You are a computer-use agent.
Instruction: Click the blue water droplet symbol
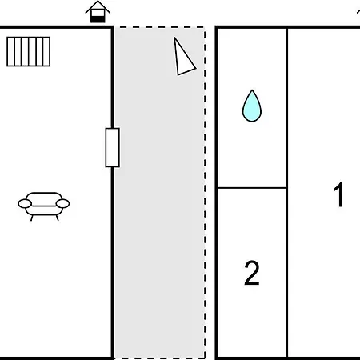coord(252,106)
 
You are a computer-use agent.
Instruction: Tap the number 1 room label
coord(338,195)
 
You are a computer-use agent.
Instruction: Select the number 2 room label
coord(252,273)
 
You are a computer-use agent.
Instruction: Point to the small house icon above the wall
coord(98,12)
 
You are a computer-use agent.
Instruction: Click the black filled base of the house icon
coord(98,19)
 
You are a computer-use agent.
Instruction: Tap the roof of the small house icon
coord(98,7)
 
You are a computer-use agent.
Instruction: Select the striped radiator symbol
coord(29,51)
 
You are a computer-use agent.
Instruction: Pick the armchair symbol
coord(44,206)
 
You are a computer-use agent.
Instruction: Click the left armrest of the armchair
coord(25,204)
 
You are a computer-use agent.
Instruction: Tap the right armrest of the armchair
coord(63,204)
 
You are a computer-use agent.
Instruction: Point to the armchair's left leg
coord(32,218)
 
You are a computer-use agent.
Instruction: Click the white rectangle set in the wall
coord(112,147)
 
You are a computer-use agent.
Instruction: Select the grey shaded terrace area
coord(159,193)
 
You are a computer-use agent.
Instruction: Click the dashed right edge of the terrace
coord(205,193)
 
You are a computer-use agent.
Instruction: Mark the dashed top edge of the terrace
coord(160,27)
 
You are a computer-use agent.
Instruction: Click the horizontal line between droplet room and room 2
coord(252,188)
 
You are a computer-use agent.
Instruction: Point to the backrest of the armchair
coord(44,194)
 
